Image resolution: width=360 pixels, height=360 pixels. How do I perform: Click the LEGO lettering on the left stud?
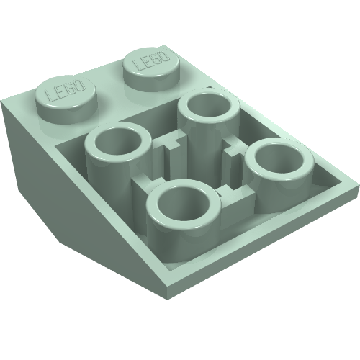(66, 91)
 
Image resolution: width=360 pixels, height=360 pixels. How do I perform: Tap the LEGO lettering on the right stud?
(150, 59)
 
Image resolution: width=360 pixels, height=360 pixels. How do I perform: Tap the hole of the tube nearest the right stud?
(209, 106)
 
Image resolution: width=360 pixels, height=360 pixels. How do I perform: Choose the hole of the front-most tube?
(184, 201)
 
